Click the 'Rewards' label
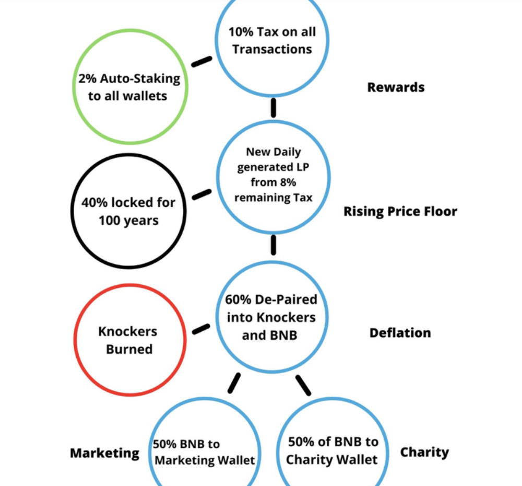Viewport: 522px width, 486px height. click(396, 87)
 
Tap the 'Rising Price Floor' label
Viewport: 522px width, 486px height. click(400, 211)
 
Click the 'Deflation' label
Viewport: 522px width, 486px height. click(400, 333)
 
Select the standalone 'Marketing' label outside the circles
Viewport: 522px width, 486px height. click(104, 453)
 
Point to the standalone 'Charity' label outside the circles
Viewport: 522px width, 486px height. click(424, 453)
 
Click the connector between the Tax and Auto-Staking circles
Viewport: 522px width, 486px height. click(201, 61)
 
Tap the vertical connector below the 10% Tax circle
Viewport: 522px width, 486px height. click(274, 108)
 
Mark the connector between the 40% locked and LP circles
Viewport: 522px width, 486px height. click(201, 194)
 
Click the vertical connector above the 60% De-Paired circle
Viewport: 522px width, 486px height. click(274, 245)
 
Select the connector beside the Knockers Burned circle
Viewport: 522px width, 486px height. click(201, 329)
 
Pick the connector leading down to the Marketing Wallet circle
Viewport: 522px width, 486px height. click(234, 383)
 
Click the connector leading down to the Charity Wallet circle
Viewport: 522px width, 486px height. click(303, 385)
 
